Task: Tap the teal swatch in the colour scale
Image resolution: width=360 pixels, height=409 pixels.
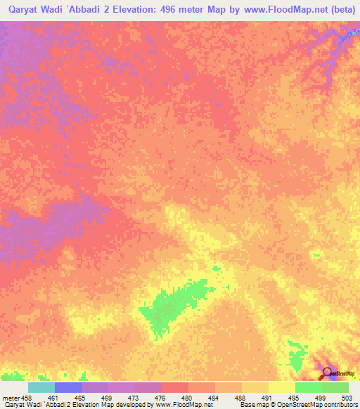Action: click(x=41, y=387)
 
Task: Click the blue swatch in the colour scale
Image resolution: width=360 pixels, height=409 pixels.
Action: click(x=68, y=387)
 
